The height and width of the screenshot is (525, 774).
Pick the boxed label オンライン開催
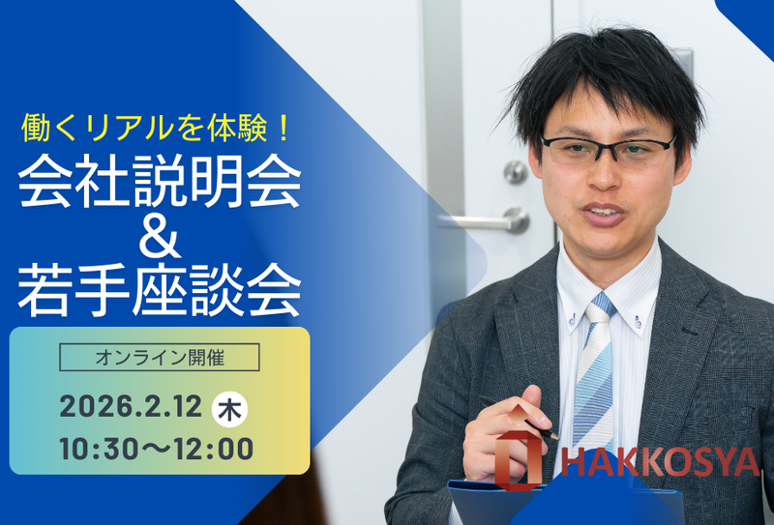click(160, 358)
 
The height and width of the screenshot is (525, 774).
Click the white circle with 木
click(229, 409)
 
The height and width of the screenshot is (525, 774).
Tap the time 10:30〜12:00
click(155, 450)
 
